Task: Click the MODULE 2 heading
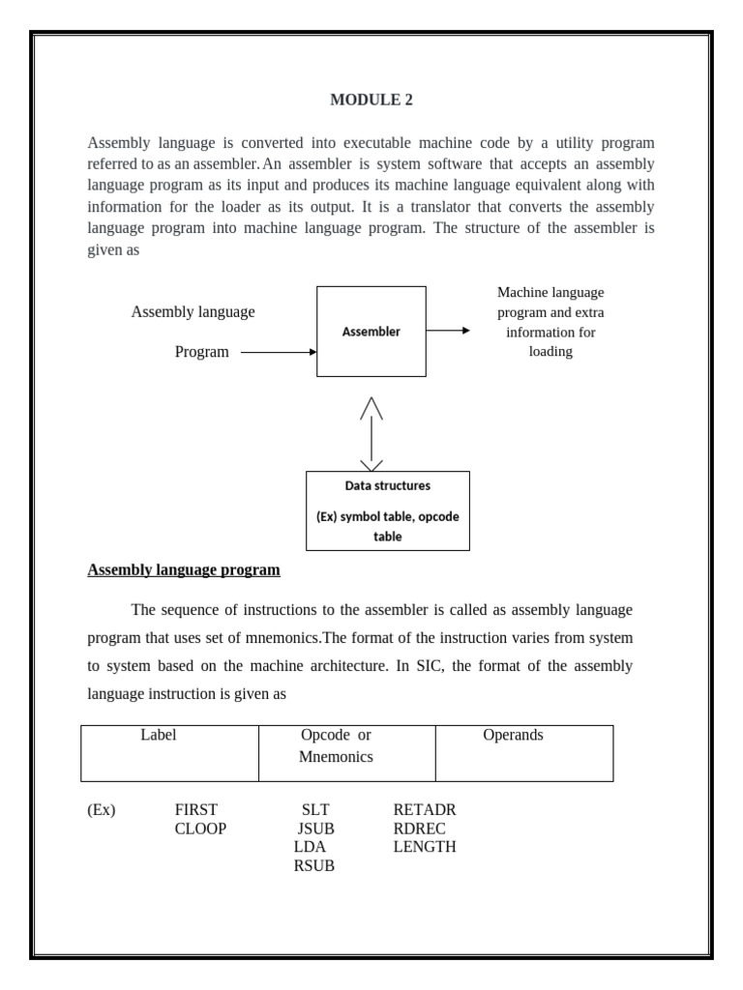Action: click(371, 100)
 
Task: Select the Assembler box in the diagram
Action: click(371, 332)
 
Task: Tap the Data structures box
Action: click(387, 510)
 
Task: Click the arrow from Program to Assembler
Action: click(279, 353)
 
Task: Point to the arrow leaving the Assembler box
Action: click(448, 331)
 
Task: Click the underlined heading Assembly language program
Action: click(184, 570)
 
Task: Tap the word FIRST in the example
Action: click(196, 810)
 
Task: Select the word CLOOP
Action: click(200, 829)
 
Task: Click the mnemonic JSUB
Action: click(315, 829)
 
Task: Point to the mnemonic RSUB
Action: click(314, 866)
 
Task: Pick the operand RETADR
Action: click(424, 810)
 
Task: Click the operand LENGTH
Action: click(425, 847)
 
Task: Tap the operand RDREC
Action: click(419, 829)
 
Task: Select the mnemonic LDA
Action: click(310, 847)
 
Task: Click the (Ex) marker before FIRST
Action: click(101, 810)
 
